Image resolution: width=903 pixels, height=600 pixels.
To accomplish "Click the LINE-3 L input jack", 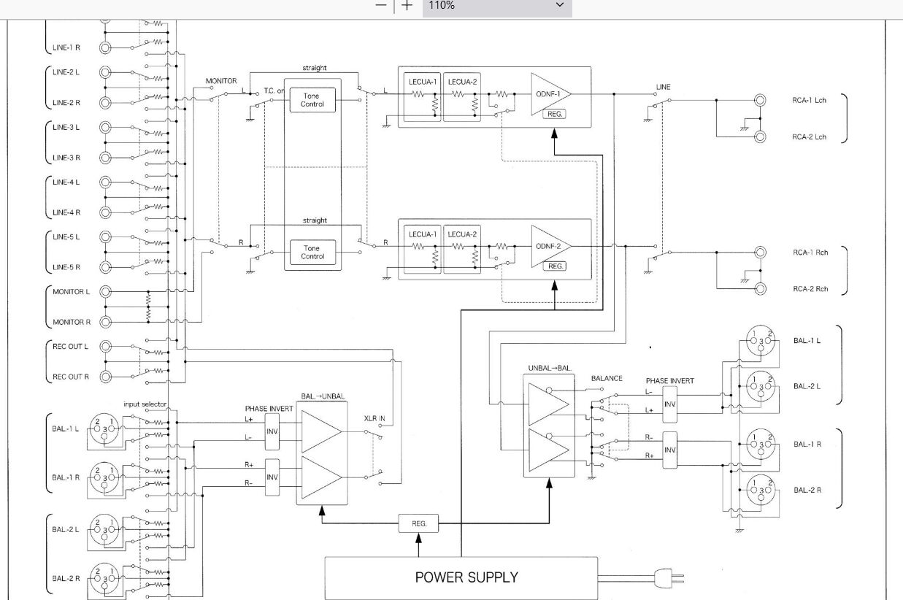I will click(106, 127).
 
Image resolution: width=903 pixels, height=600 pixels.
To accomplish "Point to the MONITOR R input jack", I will click(106, 322).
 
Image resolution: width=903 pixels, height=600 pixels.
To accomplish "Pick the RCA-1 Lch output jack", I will click(761, 100).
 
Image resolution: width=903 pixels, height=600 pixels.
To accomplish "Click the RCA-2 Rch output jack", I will click(761, 289).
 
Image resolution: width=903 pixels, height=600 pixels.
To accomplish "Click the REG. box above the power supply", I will click(419, 523).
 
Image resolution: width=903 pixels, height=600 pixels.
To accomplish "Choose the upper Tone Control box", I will click(312, 100).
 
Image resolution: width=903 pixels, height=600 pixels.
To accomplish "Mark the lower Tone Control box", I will click(312, 252).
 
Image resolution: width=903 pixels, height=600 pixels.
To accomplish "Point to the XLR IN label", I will click(374, 419).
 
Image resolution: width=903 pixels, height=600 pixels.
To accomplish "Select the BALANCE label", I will click(607, 378).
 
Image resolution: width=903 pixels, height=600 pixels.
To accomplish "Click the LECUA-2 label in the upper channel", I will click(462, 82).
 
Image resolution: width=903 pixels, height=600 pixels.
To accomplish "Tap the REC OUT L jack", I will click(106, 347).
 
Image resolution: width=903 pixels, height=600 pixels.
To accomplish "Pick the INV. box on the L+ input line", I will click(272, 432).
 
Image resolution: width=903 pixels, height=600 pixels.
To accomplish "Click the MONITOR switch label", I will click(221, 81).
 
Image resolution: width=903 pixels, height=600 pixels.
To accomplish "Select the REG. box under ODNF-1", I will click(555, 114).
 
